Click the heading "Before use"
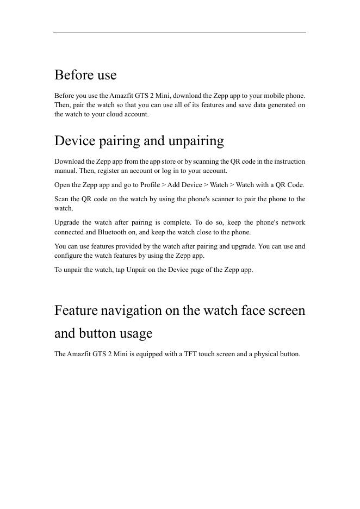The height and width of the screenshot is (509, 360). coord(85,75)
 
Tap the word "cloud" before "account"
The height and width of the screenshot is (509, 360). coord(113,114)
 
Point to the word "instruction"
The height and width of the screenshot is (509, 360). coord(289,162)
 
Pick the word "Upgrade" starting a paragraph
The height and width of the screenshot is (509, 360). coord(67,222)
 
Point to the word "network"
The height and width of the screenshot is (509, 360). coord(293,222)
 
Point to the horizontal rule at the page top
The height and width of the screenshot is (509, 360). coord(179,33)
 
